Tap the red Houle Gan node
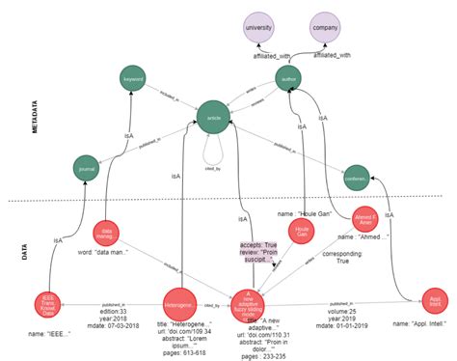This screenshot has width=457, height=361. (x=303, y=232)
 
